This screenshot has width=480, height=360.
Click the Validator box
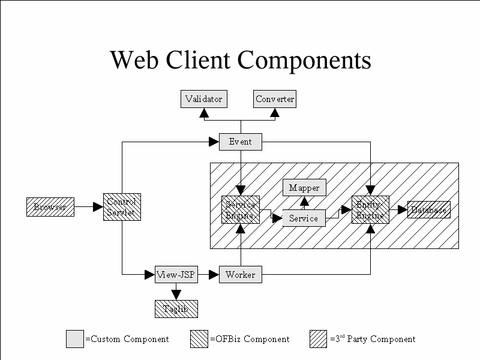[x=204, y=99]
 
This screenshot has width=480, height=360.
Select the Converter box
[x=275, y=99]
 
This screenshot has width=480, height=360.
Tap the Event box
[x=241, y=142]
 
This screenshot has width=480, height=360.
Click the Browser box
[x=50, y=207]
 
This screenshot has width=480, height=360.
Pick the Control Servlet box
[x=122, y=207]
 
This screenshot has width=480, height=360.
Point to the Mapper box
[x=304, y=188]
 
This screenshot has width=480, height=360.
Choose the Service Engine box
[x=241, y=209]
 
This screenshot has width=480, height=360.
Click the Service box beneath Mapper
[x=304, y=218]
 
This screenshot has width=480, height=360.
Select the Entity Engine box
[x=370, y=209]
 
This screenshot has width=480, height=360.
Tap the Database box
[x=429, y=210]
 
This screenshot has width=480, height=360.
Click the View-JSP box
[x=176, y=275]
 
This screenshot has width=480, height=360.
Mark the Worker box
[x=241, y=275]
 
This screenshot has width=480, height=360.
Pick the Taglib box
[x=176, y=308]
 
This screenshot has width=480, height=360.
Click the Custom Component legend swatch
[x=75, y=339]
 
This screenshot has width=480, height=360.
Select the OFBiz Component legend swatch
[x=199, y=339]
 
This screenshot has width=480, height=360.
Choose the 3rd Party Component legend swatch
[x=319, y=339]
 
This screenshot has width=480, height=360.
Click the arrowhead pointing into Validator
[x=204, y=112]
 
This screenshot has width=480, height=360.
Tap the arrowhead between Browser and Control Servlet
[x=98, y=207]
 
